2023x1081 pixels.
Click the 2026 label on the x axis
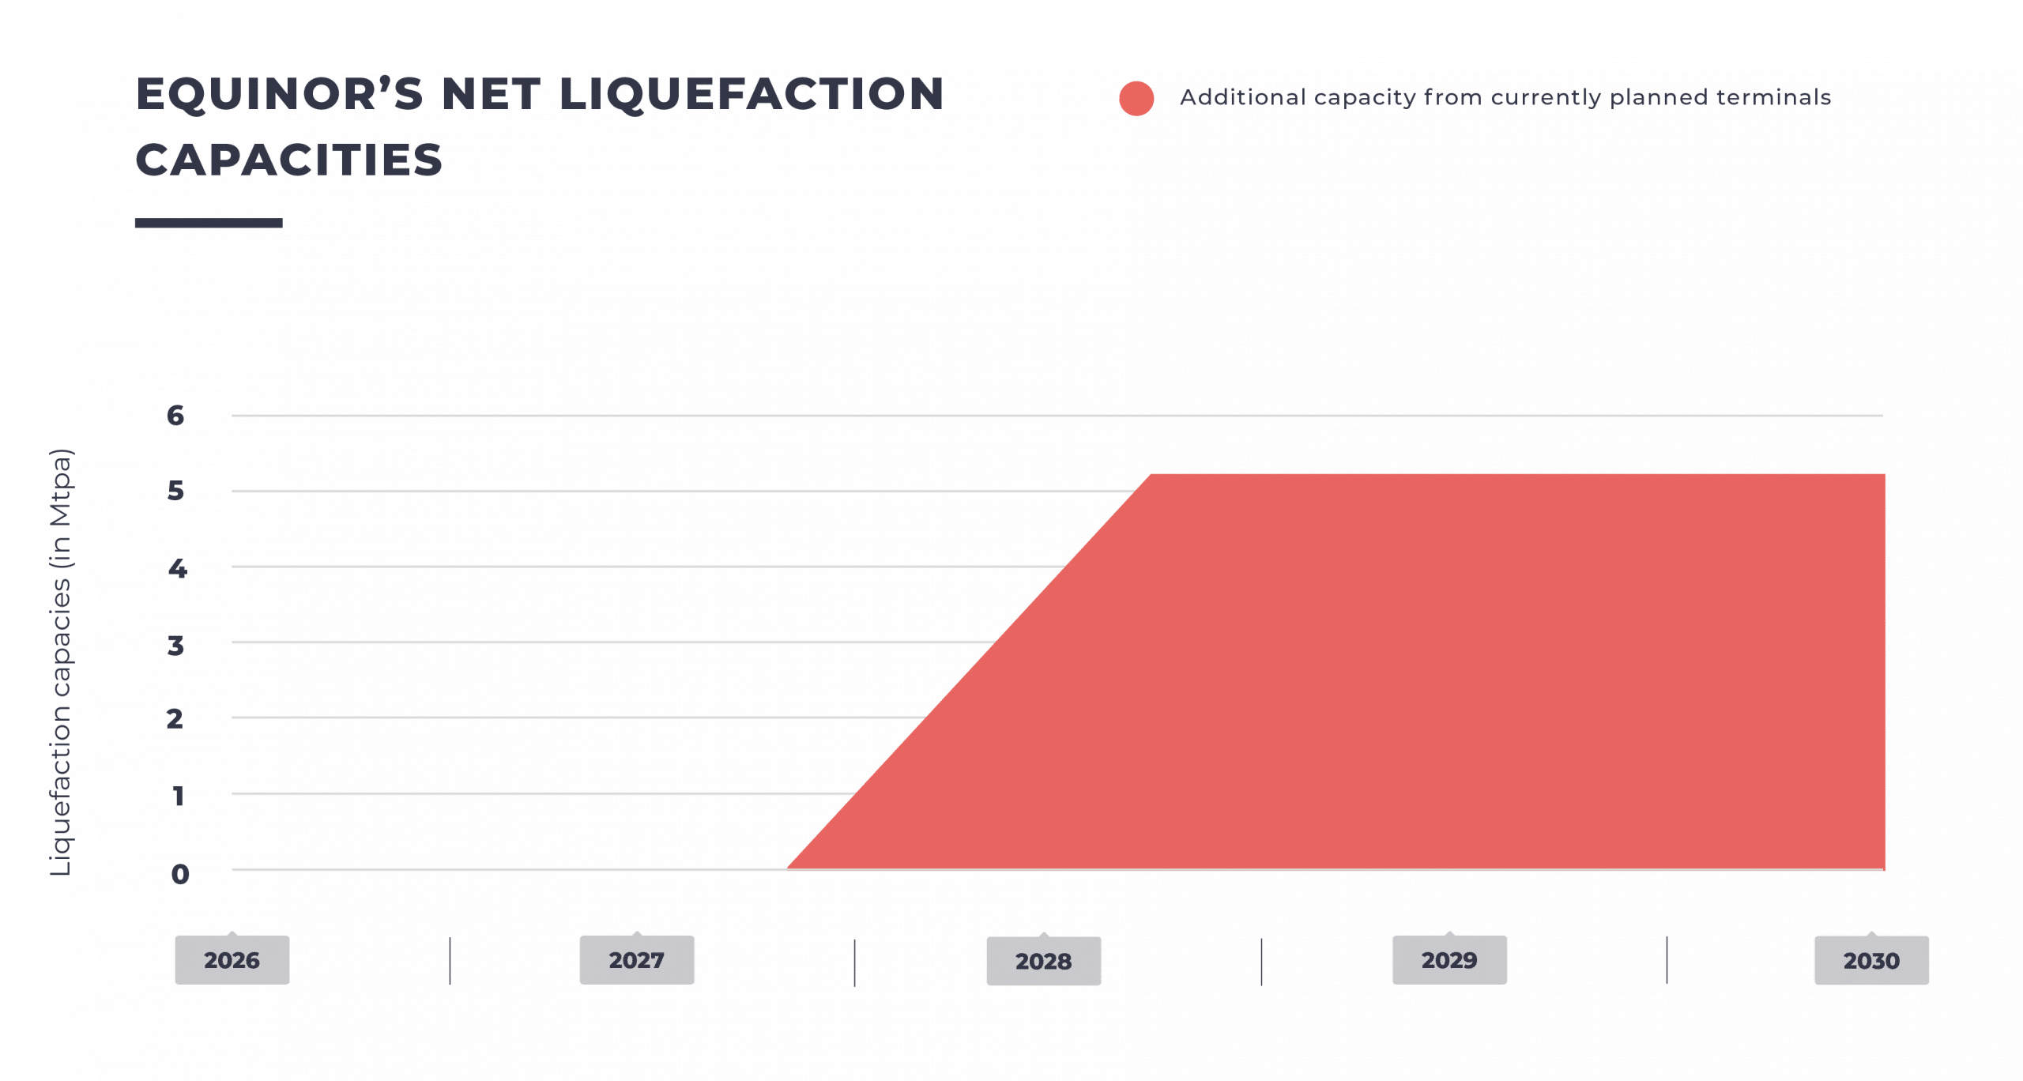(x=232, y=960)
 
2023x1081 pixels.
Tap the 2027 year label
(x=637, y=960)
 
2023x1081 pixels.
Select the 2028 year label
(x=1043, y=961)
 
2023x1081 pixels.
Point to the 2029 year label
(x=1449, y=960)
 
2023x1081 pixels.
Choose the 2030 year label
(x=1871, y=961)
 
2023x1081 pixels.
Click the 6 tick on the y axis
(x=175, y=416)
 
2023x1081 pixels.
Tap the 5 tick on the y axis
(x=175, y=491)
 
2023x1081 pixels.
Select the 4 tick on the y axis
(x=177, y=567)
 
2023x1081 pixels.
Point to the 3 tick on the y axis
(x=175, y=645)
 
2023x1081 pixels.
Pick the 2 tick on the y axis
(x=175, y=718)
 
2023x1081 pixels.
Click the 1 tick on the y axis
(x=179, y=795)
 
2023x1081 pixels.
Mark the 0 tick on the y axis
(x=180, y=873)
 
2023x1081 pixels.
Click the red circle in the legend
(x=1136, y=99)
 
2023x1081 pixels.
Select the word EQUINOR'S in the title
(x=280, y=94)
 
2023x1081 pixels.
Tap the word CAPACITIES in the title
(x=289, y=160)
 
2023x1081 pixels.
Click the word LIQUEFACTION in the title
(x=752, y=94)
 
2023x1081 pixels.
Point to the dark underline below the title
(x=209, y=223)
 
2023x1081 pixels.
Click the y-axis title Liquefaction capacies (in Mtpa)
(x=61, y=662)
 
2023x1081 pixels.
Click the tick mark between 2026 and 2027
(x=450, y=961)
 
